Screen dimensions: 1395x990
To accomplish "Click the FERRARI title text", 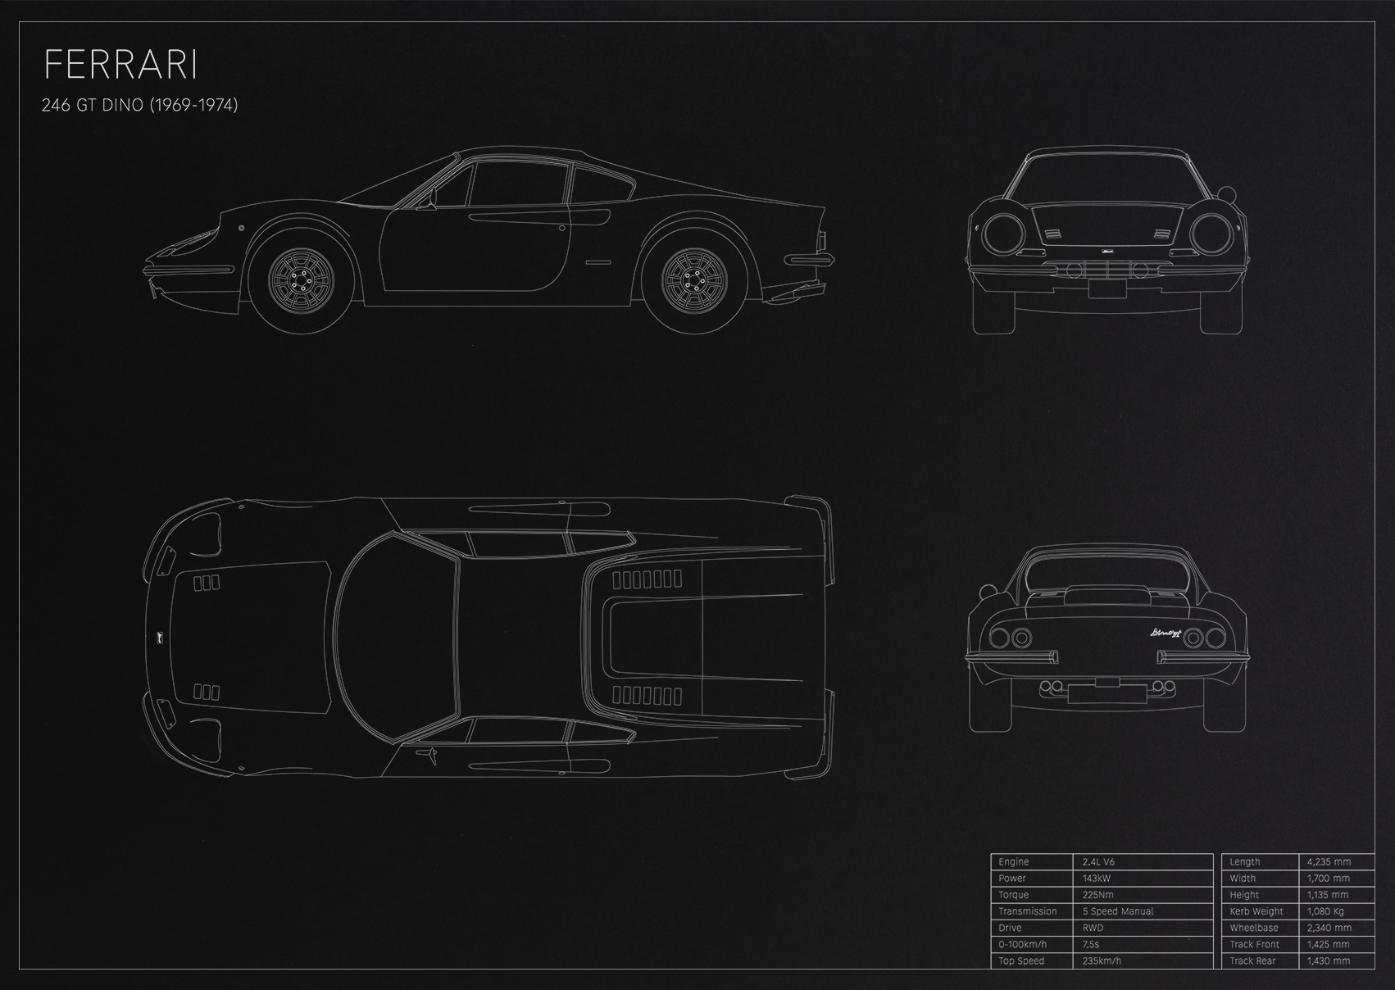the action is (120, 65).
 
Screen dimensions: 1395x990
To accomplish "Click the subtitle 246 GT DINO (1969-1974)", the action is (140, 105).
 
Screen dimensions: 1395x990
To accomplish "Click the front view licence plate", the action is (1107, 289).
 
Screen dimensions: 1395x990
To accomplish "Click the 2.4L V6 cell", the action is (1098, 861).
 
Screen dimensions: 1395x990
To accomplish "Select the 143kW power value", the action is (1096, 879).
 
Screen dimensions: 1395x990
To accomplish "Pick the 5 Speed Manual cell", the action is (1118, 911).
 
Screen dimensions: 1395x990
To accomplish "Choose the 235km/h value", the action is (1102, 960).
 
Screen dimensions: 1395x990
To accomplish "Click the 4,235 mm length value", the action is (1329, 862).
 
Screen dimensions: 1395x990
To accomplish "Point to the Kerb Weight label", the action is (1256, 911).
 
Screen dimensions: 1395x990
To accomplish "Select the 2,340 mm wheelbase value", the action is (1329, 928).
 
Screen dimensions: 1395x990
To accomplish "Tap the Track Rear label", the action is (1252, 960).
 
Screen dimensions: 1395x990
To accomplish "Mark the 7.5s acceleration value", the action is (1090, 945).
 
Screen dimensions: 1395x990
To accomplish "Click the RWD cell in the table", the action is (1093, 928).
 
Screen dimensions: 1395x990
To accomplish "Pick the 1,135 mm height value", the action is (1327, 895).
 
